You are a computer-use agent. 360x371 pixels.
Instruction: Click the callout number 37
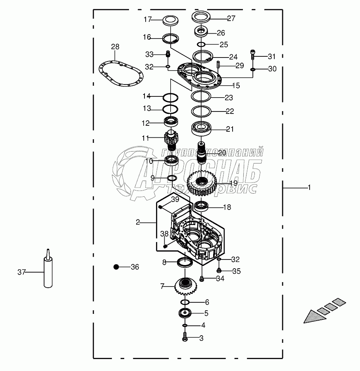click(x=21, y=272)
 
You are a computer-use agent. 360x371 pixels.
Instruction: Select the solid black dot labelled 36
click(x=116, y=267)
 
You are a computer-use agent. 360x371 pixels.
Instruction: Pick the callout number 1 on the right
click(x=309, y=187)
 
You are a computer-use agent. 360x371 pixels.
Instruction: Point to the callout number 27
click(x=231, y=18)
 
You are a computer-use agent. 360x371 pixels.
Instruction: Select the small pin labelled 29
click(x=219, y=64)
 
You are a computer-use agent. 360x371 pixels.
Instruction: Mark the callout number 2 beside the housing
click(x=137, y=222)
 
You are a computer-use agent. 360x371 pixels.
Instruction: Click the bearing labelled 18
click(x=202, y=206)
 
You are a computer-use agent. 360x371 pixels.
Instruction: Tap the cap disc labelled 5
click(x=185, y=312)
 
